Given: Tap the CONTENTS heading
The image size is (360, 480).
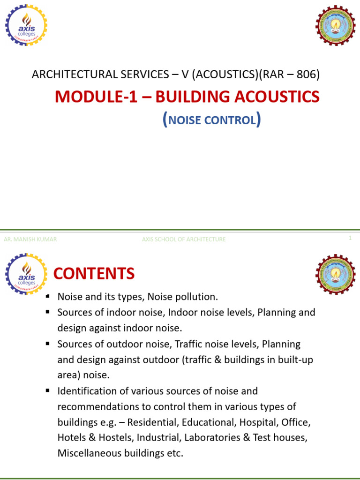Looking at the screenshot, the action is pos(94,273).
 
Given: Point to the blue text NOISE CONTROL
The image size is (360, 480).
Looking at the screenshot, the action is pos(212,120).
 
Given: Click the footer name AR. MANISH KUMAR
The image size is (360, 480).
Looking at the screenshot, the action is pos(30,239).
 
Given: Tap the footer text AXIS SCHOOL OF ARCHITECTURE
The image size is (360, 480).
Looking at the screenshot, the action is pos(184,239).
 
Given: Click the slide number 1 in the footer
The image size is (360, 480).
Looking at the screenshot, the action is pos(350,238).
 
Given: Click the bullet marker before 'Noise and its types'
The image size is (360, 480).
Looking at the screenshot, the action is pos(48,297).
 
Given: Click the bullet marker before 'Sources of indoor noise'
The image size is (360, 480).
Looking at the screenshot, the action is pos(48,312).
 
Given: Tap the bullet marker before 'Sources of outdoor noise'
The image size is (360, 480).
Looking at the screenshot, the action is pos(48,344).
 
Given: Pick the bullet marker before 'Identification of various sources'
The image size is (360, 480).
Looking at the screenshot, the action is pos(48,390).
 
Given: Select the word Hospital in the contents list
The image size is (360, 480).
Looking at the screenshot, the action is pos(258,422).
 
